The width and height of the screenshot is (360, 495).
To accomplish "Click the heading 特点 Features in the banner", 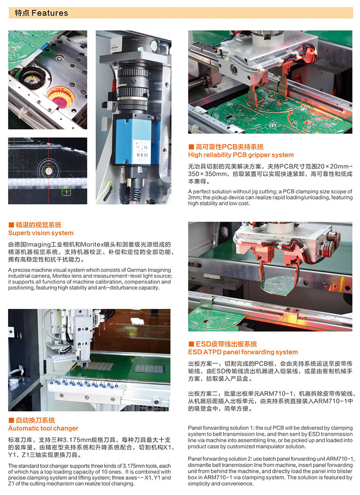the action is pos(41,13).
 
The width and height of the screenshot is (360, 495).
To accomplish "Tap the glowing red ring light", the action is pos(60,96).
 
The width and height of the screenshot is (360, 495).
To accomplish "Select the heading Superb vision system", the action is pos(41,233).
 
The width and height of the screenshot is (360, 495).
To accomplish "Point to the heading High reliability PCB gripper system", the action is pos(241,155).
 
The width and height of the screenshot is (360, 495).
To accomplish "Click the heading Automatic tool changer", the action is pos(43,428).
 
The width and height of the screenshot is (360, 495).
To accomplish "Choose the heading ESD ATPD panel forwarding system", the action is pos(243,352).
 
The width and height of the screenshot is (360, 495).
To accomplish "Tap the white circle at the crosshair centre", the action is pos(48,171).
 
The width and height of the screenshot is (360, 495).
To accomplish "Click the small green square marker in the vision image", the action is pos(66,191).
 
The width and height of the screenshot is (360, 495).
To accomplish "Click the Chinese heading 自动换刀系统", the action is pos(36,420).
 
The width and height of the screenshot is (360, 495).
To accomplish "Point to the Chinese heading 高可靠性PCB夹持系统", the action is pos(229,147).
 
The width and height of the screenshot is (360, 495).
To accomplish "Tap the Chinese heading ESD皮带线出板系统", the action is pos(226,344).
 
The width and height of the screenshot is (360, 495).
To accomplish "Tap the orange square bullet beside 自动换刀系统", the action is pos(11,420).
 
